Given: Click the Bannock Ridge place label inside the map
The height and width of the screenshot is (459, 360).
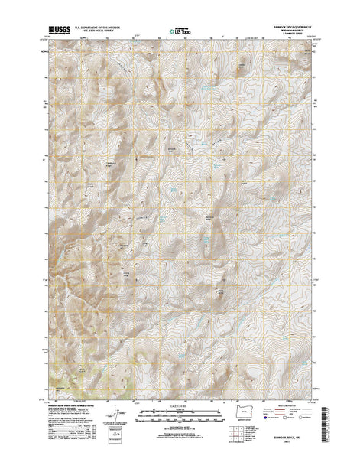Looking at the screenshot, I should [172, 148].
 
